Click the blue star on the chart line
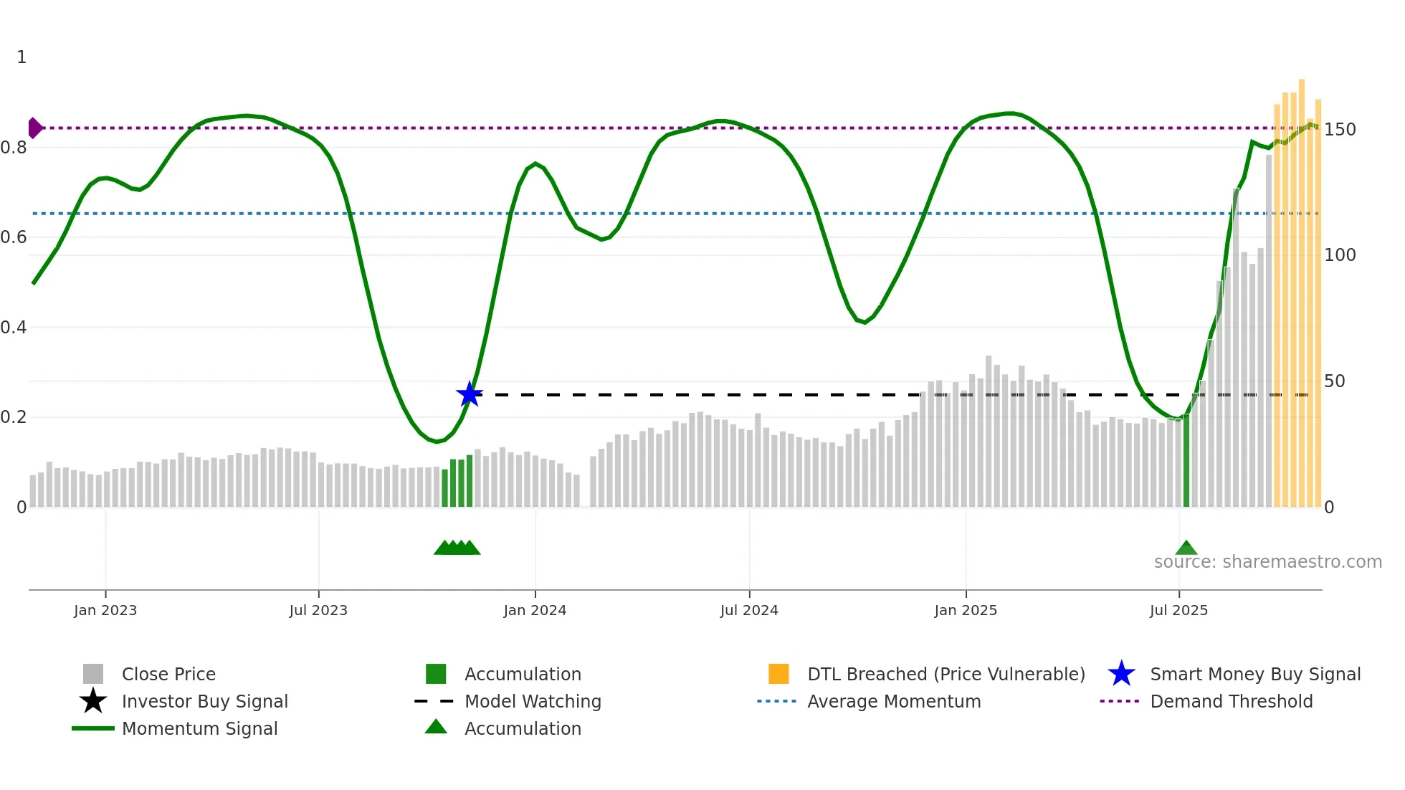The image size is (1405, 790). [470, 394]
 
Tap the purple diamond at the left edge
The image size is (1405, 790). [34, 128]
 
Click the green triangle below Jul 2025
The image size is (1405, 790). [1186, 548]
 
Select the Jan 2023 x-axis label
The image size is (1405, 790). [105, 610]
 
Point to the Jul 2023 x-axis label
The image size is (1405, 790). [318, 610]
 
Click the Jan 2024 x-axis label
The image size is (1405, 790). [535, 610]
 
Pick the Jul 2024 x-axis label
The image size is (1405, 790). [749, 610]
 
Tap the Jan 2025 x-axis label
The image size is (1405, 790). [966, 610]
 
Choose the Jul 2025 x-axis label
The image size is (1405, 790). [1178, 610]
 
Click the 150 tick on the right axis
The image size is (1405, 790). [1340, 130]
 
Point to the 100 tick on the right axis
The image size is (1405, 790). [1340, 255]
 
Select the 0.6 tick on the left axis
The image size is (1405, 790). [14, 237]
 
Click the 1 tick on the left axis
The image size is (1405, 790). [22, 57]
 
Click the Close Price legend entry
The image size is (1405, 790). [168, 674]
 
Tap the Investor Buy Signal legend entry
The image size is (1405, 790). [204, 701]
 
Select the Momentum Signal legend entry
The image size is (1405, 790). [199, 728]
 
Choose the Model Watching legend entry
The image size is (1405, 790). [533, 701]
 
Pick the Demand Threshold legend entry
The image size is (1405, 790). [1231, 701]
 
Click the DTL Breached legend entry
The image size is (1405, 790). [946, 674]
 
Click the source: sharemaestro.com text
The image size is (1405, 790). [1267, 562]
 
